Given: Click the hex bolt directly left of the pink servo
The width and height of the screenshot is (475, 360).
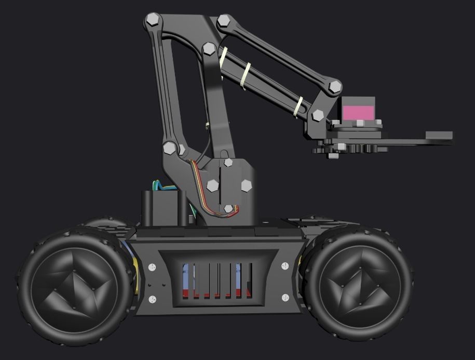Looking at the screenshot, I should point(318,115).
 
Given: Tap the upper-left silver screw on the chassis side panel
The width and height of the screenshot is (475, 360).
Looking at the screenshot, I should point(152,268).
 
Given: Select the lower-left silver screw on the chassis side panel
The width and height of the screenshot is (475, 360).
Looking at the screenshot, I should point(152,299).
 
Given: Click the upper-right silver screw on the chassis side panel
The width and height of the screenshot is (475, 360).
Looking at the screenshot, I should point(285,266).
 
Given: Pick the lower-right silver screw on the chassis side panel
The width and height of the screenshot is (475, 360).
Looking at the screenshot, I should point(285,298).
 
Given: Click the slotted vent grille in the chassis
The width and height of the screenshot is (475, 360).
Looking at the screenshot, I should point(218,280).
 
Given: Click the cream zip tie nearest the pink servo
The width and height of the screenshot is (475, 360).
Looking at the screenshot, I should point(299,106).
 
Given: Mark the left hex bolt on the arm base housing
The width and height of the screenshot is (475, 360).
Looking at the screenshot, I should point(212,185).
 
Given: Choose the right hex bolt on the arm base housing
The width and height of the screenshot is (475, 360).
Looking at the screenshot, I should point(246,185).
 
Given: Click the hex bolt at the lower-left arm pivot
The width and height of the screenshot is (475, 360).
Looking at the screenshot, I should point(169,148).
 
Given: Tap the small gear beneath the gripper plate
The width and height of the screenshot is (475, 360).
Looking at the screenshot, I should point(332,154).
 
